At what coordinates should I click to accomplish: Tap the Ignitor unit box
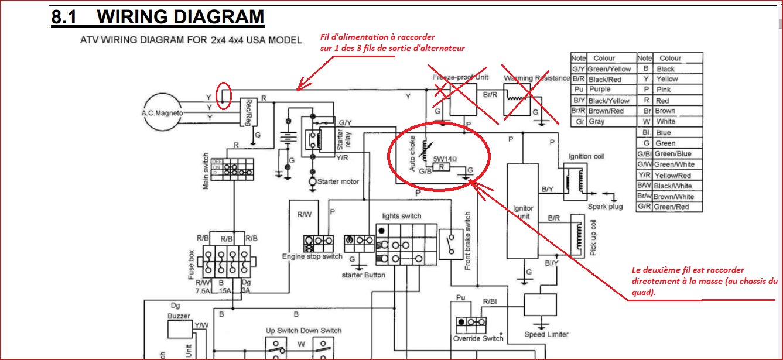point(523,211)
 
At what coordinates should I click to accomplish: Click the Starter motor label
point(338,181)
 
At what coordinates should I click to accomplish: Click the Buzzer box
point(179,330)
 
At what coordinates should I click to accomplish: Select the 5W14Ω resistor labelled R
point(443,167)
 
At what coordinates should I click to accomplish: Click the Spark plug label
point(606,207)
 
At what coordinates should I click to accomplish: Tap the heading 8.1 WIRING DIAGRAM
point(158,18)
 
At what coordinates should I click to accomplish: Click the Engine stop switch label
point(312,256)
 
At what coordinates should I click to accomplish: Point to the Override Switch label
point(478,338)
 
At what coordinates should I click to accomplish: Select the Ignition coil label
point(586,157)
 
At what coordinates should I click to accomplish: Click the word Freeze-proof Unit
point(460,77)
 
